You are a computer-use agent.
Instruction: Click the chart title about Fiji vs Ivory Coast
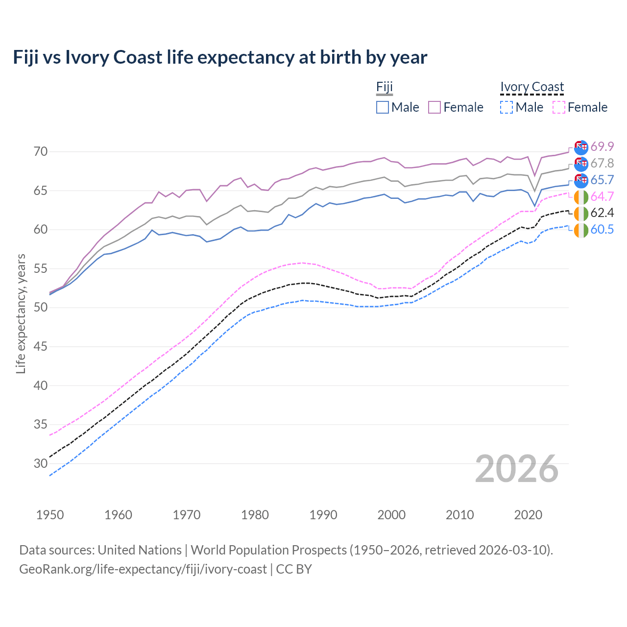point(220,57)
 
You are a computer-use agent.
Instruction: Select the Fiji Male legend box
point(383,107)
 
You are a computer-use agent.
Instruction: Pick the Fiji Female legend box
point(434,107)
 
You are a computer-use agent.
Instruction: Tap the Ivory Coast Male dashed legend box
point(506,107)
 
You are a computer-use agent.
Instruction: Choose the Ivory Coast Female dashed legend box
point(558,107)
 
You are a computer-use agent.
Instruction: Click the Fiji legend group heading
point(385,87)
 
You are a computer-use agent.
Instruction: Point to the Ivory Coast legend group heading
point(532,87)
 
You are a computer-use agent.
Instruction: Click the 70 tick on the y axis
point(41,152)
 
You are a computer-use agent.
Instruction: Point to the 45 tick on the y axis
point(41,347)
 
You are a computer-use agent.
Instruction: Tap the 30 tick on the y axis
point(41,463)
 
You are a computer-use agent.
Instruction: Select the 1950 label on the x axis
point(50,515)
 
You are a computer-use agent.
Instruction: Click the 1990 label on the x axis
point(323,515)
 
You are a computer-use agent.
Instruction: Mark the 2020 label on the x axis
point(528,515)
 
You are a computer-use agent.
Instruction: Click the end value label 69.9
point(602,146)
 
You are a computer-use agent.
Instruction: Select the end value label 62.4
point(602,213)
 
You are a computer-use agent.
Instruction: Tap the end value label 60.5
point(602,229)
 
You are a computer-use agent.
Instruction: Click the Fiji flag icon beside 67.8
point(581,164)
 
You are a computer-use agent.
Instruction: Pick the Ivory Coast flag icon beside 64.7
point(581,197)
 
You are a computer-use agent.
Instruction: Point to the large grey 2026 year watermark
point(517,469)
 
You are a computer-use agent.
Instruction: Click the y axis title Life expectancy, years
point(21,313)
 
